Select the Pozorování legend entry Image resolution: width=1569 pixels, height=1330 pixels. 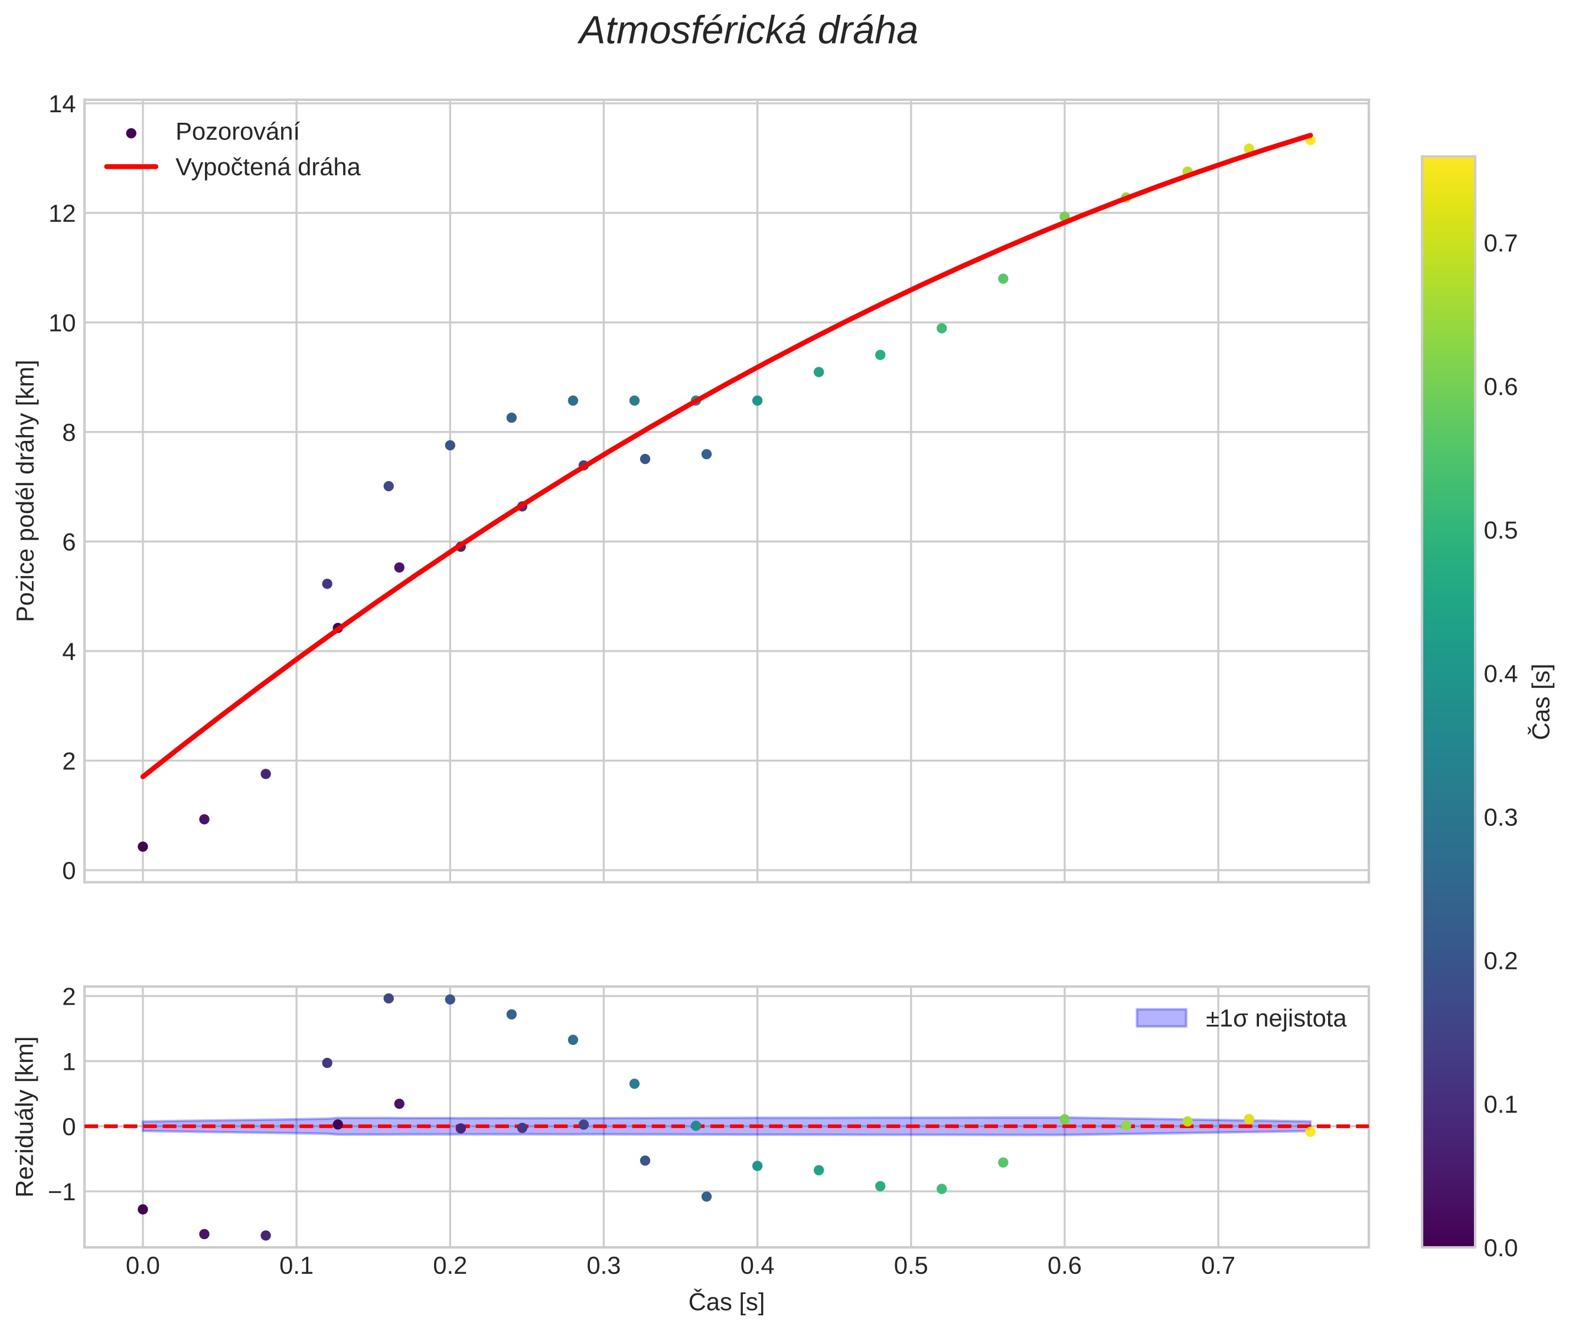(x=237, y=132)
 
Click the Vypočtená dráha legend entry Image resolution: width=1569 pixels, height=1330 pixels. (x=267, y=168)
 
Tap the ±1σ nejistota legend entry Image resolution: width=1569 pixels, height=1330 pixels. (x=1274, y=1019)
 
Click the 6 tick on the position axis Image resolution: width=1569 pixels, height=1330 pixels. (x=68, y=542)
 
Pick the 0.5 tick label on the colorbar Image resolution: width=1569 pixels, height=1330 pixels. (x=1501, y=531)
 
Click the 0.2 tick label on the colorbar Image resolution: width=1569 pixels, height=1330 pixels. (x=1501, y=961)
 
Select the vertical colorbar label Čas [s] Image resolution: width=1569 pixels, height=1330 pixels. (x=1542, y=701)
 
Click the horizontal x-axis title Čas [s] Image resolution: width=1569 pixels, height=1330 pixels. (x=726, y=1302)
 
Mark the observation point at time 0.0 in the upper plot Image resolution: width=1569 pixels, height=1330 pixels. (x=142, y=847)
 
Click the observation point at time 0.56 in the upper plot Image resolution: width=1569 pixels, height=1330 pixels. (x=1003, y=279)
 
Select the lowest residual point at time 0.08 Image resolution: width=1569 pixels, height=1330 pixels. (x=266, y=1236)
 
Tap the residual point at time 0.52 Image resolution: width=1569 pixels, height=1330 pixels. (x=941, y=1189)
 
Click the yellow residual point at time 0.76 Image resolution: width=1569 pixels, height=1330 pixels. (x=1310, y=1132)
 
